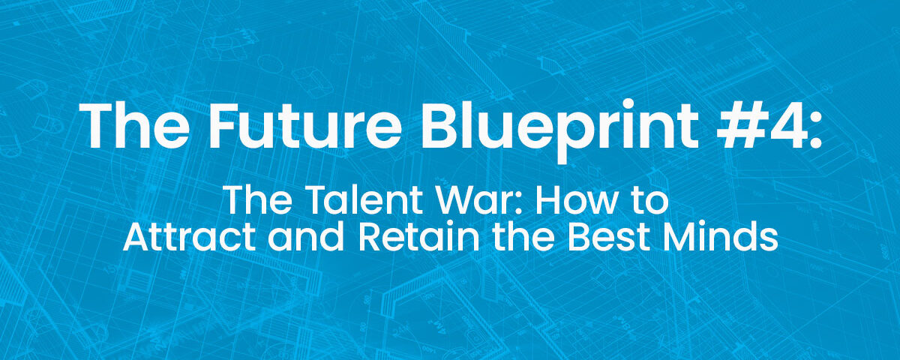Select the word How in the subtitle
(538, 202)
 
